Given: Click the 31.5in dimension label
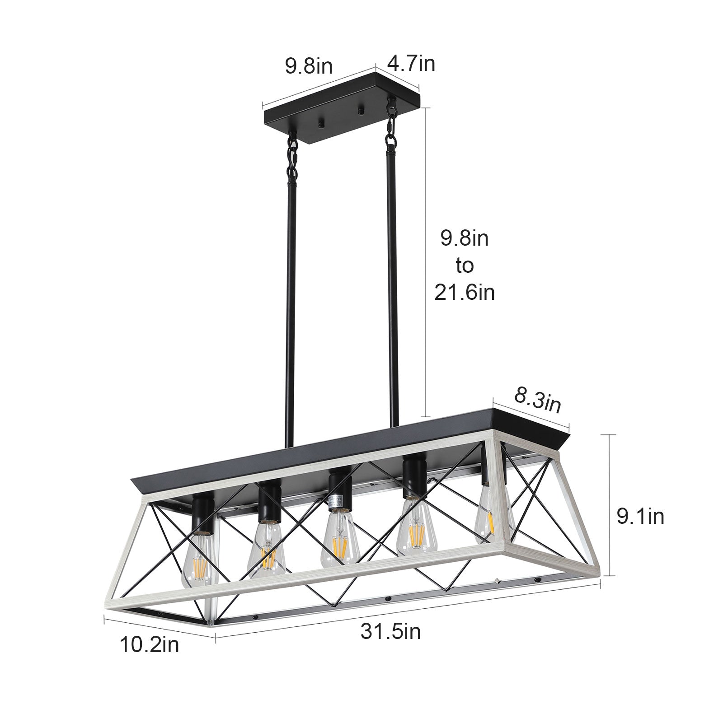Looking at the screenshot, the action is (390, 631).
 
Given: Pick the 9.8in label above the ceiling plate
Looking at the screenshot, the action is (309, 66).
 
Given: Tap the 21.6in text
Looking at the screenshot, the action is (465, 293).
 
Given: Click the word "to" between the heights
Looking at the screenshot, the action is (465, 266).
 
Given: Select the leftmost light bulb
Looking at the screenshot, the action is (199, 559).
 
